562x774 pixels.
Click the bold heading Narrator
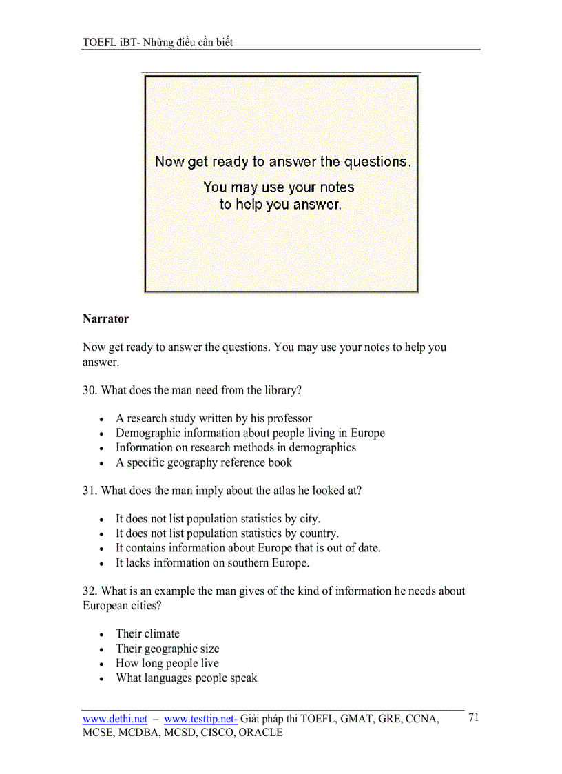[x=105, y=319]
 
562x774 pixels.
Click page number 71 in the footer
[x=473, y=717]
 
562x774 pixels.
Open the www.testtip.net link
[x=200, y=719]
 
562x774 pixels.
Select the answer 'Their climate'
[x=147, y=633]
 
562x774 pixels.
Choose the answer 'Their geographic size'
[x=167, y=649]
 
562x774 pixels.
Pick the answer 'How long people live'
[x=167, y=663]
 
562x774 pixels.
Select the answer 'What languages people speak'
[x=186, y=678]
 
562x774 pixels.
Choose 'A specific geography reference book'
[x=204, y=462]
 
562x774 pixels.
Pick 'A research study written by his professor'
[x=214, y=418]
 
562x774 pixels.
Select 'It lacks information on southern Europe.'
[x=212, y=562]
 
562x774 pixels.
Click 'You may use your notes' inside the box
[x=279, y=187]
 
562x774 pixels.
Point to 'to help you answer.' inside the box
[x=280, y=204]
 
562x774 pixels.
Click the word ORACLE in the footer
[x=260, y=733]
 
